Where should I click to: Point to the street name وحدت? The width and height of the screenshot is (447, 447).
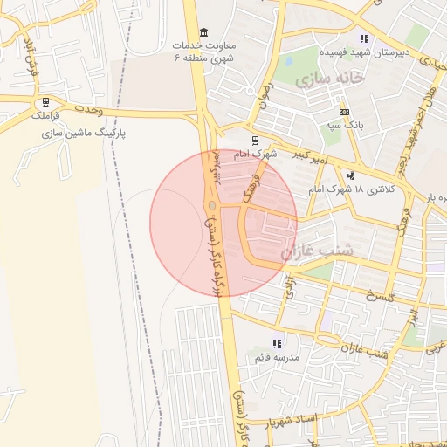coord(87,112)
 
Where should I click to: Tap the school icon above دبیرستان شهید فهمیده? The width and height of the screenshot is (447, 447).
coord(364,38)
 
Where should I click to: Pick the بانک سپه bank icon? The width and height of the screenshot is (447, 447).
coord(344,112)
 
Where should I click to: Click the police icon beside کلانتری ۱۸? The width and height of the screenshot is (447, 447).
coord(351,174)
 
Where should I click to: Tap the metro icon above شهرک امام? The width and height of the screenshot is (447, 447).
coord(255,140)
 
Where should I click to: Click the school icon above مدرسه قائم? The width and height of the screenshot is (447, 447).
coord(277,344)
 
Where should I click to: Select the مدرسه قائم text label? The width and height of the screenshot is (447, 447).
coord(277,359)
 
